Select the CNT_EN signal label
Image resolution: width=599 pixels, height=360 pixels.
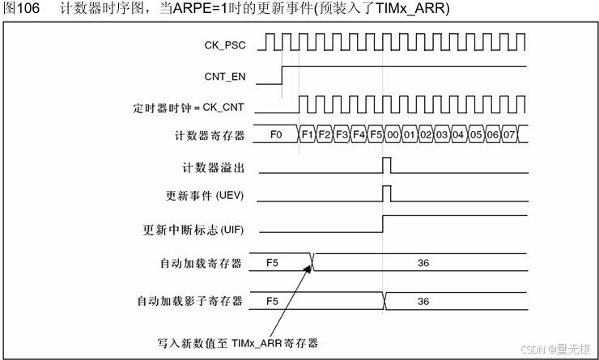coord(225,78)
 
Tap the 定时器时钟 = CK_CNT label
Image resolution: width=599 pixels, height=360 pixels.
coord(199,106)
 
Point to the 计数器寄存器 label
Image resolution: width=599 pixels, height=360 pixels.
coord(209,134)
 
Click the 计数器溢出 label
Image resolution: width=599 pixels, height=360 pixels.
coord(214,167)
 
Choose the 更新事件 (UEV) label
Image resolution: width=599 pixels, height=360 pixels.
coord(204,196)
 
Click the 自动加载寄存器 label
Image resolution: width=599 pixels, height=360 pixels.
coord(201,263)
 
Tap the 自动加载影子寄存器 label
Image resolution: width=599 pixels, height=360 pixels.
coord(189,301)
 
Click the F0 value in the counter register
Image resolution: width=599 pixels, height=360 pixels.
coord(276,134)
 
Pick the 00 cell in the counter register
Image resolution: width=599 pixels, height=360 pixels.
coord(393,134)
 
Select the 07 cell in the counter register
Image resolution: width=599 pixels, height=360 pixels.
coord(508,134)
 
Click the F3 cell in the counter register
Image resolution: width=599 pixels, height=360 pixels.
coord(342,134)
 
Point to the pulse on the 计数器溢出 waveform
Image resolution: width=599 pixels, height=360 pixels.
coord(386,165)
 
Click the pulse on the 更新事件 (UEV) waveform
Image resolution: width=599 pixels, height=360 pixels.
coord(386,193)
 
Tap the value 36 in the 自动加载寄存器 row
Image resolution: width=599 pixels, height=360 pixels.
coord(423,263)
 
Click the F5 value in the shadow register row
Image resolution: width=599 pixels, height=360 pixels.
coord(272,301)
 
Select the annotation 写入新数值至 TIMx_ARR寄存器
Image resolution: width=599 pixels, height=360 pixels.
coord(237,341)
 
